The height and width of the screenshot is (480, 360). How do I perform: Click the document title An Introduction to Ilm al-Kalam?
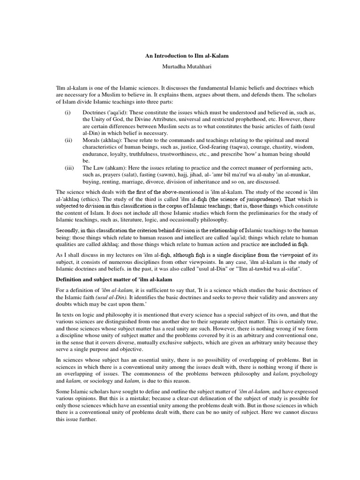click(180, 55)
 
